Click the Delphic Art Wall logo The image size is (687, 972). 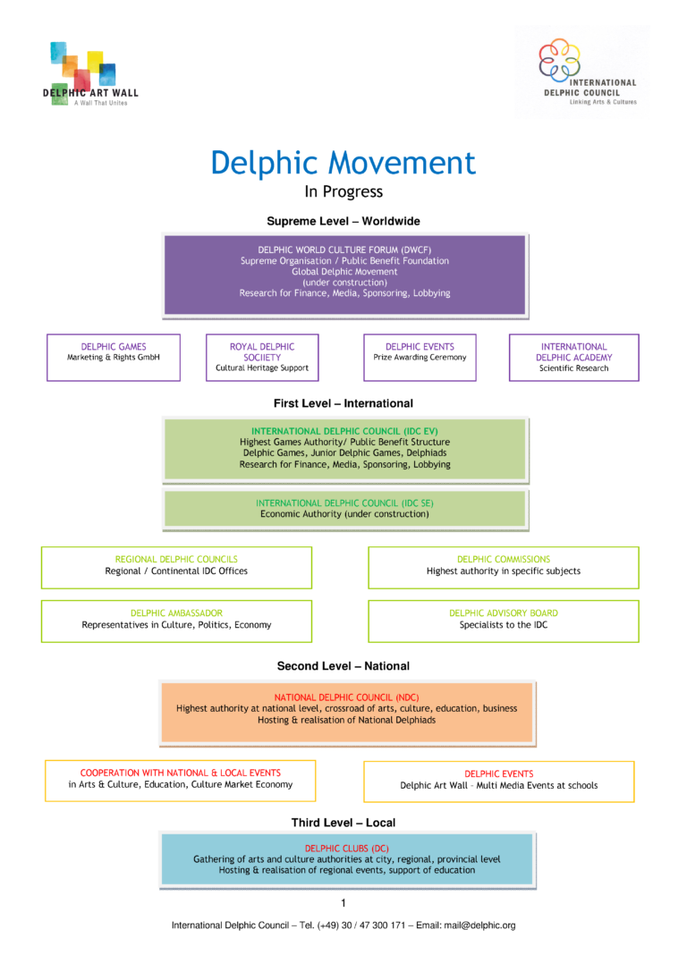tap(89, 74)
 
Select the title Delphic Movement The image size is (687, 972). tap(343, 164)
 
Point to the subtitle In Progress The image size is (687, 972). tap(343, 191)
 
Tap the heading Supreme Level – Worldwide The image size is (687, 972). tap(343, 221)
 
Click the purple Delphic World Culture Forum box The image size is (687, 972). tap(344, 275)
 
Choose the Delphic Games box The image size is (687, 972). tap(114, 357)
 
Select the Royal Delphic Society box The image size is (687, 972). tap(262, 357)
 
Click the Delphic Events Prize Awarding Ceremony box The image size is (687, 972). tap(420, 357)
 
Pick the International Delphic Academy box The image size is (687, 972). tap(574, 357)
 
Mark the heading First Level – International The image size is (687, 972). tap(343, 403)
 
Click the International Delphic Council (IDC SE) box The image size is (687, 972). tap(344, 509)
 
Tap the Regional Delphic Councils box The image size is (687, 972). tap(176, 567)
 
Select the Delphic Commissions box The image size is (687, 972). tap(504, 567)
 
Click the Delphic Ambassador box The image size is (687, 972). tap(176, 621)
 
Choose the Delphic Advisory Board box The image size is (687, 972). tap(504, 621)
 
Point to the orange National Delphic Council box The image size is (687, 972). tap(346, 712)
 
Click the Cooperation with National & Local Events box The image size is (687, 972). tap(181, 780)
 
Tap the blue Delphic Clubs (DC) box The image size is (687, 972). tap(346, 858)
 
